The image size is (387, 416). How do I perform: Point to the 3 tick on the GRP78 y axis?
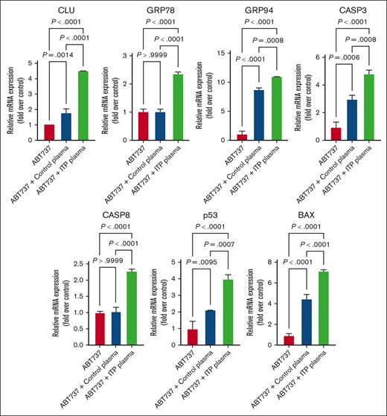click(x=132, y=54)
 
